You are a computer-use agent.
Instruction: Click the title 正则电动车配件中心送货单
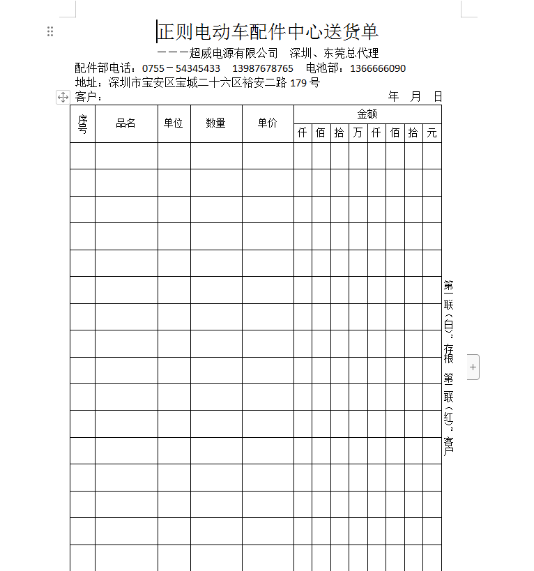coord(268,31)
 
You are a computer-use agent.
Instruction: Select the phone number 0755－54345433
coord(181,68)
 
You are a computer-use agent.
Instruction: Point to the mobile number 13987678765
coord(263,68)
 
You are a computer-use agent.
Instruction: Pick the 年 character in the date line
coord(394,96)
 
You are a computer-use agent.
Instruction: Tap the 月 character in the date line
coord(416,96)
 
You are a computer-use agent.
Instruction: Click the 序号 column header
coord(82,123)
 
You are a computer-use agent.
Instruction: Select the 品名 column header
coord(126,123)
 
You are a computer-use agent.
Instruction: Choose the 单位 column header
coord(174,123)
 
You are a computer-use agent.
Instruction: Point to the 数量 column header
coord(216,123)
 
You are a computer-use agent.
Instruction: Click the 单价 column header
coord(268,123)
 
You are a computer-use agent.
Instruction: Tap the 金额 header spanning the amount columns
coord(367,114)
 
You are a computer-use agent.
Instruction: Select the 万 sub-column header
coord(358,133)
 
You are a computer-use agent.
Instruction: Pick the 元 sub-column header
coord(432,133)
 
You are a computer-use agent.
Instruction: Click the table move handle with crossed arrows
coord(63,98)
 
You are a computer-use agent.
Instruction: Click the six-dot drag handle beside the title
coord(50,31)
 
